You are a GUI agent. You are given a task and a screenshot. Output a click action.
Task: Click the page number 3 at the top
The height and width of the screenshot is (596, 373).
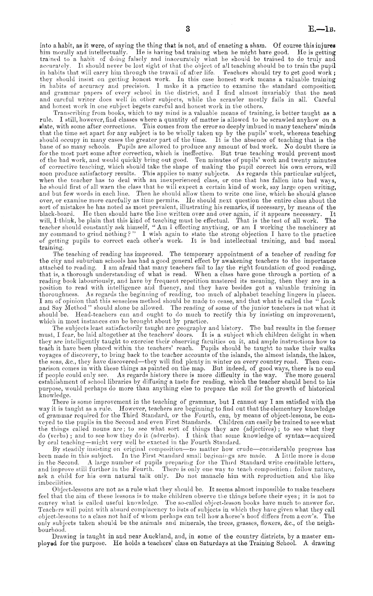tap(188, 29)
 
